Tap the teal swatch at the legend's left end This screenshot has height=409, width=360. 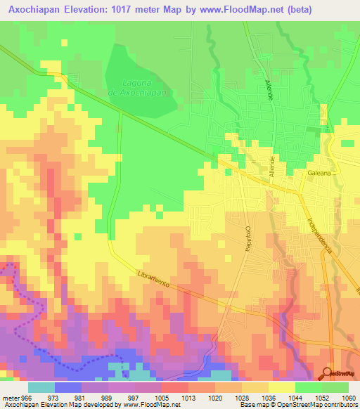[41, 387]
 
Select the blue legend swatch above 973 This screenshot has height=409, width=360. [67, 387]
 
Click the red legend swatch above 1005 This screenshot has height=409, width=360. [174, 387]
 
